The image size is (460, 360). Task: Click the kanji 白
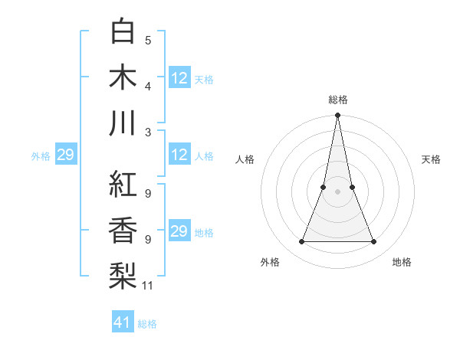(123, 33)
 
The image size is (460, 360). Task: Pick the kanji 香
(123, 229)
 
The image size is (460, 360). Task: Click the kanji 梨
(123, 273)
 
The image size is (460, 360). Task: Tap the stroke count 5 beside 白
(148, 41)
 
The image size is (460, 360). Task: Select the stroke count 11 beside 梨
(148, 286)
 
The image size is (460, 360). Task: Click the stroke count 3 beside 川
(148, 131)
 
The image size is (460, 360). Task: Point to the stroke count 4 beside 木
(148, 86)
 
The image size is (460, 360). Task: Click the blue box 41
(123, 322)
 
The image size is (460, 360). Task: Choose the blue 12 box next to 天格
(179, 78)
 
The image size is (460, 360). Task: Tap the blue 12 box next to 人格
(179, 155)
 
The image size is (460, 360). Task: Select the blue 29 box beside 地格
(179, 232)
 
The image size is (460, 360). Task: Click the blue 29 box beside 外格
(65, 155)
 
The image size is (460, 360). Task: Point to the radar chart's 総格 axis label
(337, 100)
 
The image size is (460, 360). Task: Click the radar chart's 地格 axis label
(402, 262)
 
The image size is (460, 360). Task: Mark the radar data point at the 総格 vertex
(337, 116)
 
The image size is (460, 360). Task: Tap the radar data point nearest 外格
(301, 242)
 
